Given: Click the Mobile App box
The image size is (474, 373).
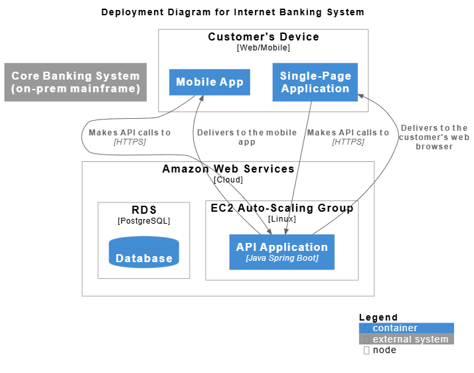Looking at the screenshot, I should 210,82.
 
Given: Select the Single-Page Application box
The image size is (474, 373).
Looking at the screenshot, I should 315,82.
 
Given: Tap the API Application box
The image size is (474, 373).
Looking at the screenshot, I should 281,252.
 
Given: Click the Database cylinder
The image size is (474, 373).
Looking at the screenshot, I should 144,253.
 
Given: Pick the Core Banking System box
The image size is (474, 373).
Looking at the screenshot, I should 76,82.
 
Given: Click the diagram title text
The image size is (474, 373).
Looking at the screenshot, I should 232,12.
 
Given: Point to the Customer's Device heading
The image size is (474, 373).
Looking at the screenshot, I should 264,37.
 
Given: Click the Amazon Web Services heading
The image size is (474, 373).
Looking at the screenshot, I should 228,169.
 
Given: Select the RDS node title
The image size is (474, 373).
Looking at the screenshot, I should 144,210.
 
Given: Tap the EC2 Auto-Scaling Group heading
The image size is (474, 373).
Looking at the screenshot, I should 282,208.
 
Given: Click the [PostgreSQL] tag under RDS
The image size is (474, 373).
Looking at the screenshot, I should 144,220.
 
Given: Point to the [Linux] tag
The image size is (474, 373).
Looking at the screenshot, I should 282,218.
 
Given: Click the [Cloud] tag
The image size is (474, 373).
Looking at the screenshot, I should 228,179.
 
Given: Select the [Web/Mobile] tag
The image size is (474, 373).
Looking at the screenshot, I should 264,48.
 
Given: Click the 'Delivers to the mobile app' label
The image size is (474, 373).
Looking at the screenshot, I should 247,137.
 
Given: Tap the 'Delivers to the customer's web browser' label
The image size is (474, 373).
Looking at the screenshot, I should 434,137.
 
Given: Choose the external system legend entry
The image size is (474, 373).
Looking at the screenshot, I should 406,339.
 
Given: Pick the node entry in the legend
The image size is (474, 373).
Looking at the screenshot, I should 384,350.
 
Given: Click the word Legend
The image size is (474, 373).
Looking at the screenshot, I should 378,317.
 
